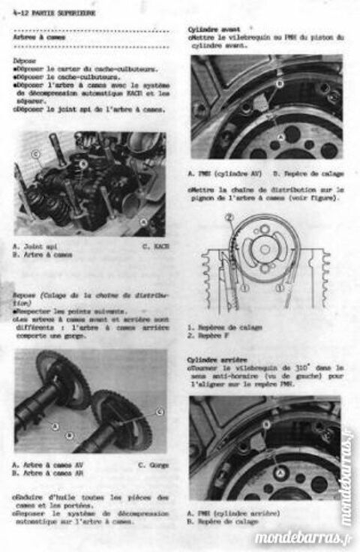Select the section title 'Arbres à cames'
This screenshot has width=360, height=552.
[x=37, y=37]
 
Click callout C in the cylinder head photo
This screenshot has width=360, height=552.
[x=36, y=154]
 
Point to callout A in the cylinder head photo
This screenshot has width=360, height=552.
[x=143, y=221]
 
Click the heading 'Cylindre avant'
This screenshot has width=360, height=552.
[x=211, y=28]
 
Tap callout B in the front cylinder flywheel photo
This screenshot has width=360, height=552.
[x=279, y=84]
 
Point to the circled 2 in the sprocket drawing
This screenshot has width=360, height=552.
[x=229, y=218]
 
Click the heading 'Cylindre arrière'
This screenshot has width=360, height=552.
[x=214, y=359]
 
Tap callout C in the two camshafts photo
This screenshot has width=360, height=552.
[x=159, y=412]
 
